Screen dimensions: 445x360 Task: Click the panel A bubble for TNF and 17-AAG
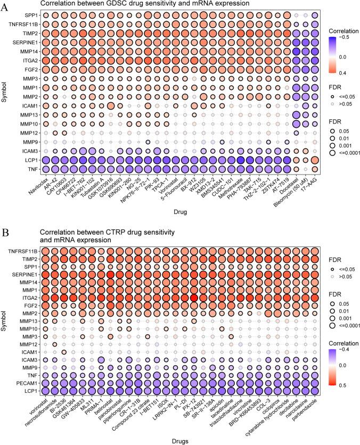315,169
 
